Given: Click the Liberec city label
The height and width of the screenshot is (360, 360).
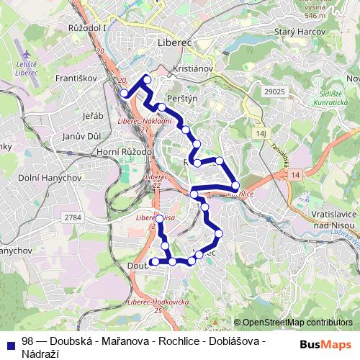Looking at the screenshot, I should tap(175, 43).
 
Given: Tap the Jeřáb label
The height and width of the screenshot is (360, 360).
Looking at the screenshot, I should tap(93, 115).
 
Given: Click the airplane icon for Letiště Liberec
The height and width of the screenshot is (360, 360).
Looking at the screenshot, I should tap(27, 55).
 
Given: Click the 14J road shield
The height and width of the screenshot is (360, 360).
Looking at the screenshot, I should tap(261, 135).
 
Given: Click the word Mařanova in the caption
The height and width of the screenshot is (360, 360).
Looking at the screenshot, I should tap(115, 341).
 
